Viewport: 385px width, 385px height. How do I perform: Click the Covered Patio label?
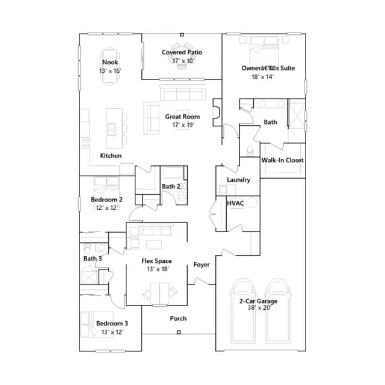click(x=182, y=52)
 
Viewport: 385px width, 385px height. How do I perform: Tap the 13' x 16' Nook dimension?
click(x=110, y=71)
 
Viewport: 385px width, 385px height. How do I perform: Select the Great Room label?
click(x=182, y=117)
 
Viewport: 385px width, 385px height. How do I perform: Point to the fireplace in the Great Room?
click(x=217, y=112)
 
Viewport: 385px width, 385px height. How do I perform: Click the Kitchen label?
click(x=111, y=156)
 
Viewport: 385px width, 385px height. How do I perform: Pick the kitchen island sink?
click(x=112, y=129)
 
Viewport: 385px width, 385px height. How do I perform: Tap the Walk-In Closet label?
click(x=282, y=160)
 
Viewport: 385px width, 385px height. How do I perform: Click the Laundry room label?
click(x=238, y=180)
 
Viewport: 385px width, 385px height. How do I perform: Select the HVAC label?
click(x=235, y=203)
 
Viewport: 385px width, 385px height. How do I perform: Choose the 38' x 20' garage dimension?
click(x=259, y=307)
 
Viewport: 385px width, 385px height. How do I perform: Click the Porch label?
click(x=178, y=318)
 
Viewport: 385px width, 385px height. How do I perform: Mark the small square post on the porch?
click(x=179, y=332)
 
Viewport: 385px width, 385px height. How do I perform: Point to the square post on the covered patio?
click(x=182, y=35)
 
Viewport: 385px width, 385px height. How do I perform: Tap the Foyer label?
click(x=202, y=265)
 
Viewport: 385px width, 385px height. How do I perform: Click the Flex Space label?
click(x=156, y=261)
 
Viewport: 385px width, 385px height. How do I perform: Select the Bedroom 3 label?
click(x=112, y=324)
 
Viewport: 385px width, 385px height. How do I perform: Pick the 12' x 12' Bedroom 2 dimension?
click(x=107, y=208)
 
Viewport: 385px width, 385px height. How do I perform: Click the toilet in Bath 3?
click(x=87, y=248)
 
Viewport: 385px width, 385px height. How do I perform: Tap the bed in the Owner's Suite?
click(x=264, y=51)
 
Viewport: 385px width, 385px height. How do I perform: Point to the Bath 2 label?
click(x=171, y=186)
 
